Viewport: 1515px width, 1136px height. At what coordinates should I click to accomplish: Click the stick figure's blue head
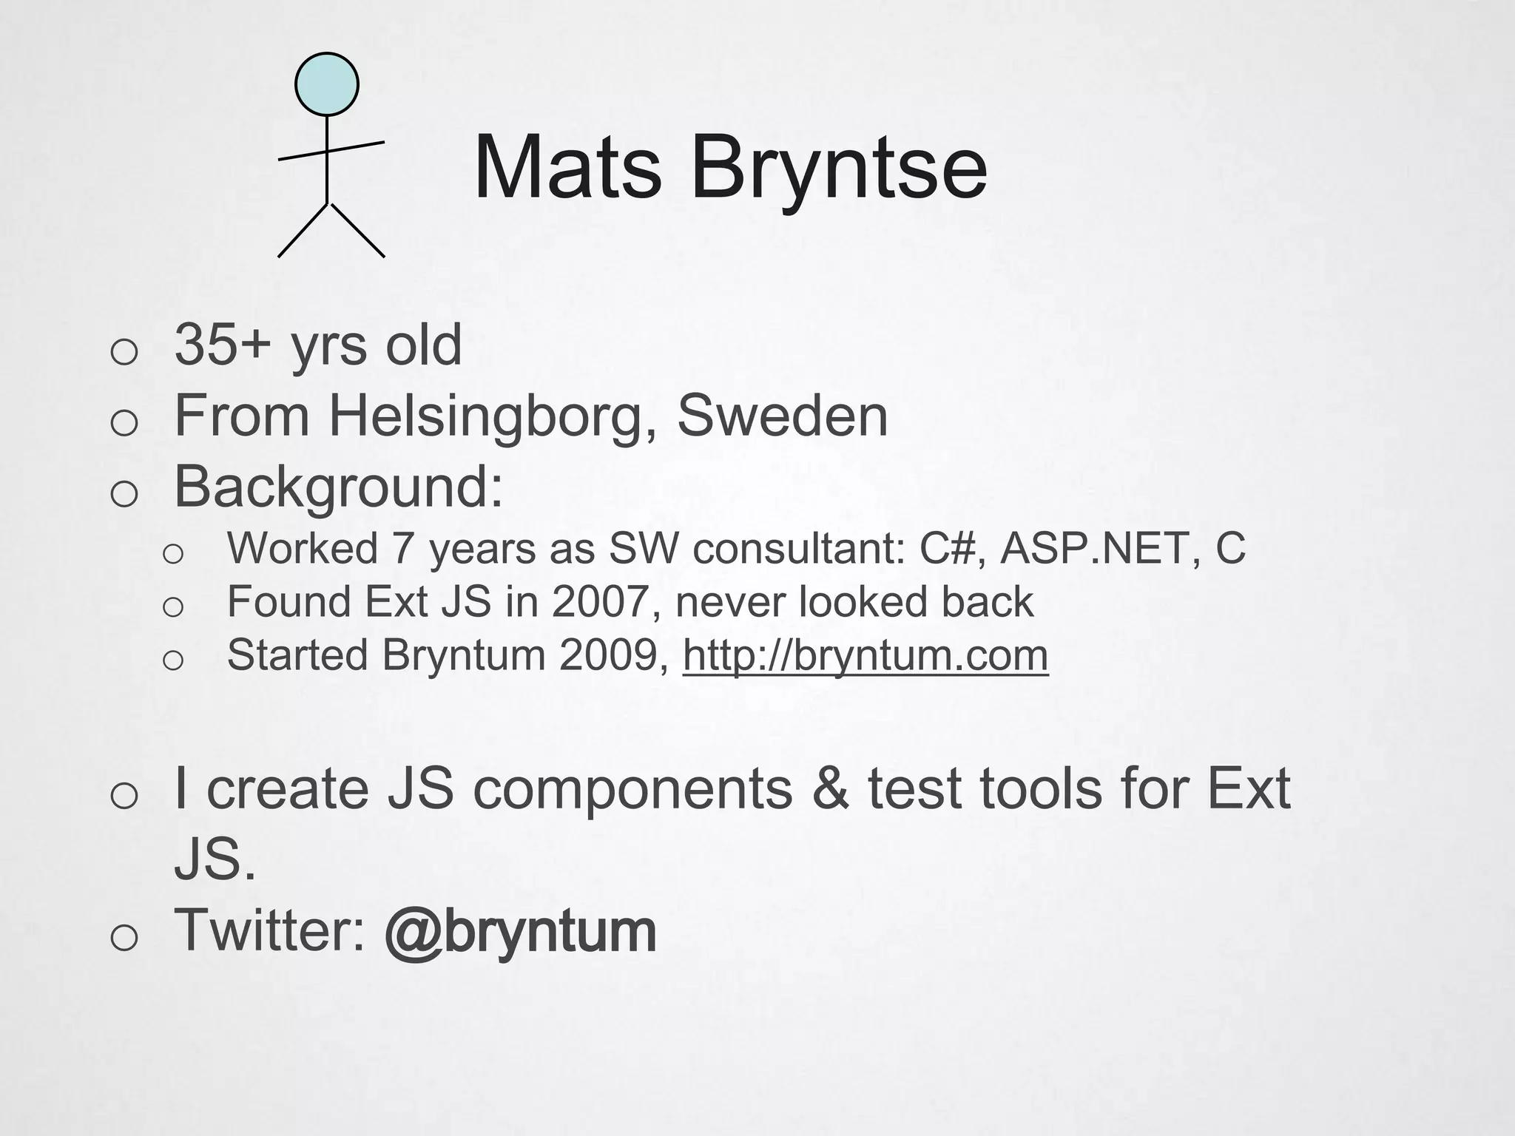[327, 84]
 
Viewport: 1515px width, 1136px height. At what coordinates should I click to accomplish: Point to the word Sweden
[782, 416]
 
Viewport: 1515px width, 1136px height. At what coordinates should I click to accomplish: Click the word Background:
[339, 487]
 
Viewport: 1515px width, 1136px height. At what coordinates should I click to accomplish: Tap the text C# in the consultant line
[951, 549]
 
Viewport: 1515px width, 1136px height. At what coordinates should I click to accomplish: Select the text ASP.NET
[1096, 549]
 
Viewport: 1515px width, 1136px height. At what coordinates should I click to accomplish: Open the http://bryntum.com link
[865, 655]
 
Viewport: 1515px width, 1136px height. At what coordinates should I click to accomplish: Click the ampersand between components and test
[830, 789]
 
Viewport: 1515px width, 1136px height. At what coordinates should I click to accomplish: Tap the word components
[632, 789]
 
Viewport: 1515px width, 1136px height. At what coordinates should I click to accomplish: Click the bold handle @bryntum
[520, 931]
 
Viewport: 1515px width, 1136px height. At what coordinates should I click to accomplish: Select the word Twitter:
[270, 930]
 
